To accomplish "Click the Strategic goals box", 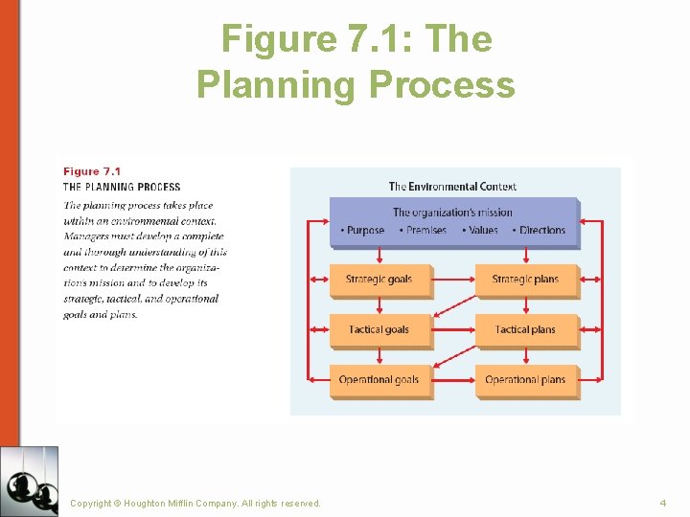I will (x=379, y=280).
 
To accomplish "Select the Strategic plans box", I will (x=525, y=280).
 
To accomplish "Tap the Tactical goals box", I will (x=379, y=329).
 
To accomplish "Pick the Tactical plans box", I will (x=525, y=329).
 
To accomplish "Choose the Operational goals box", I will (x=379, y=380).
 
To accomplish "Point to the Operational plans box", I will (x=525, y=380).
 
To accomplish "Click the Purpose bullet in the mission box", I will (x=363, y=231).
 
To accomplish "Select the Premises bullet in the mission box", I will (x=424, y=231).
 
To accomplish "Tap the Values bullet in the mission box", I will (x=481, y=231).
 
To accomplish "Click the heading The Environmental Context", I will (x=452, y=187).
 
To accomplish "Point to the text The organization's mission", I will (x=452, y=213).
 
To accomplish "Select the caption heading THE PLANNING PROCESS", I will (x=122, y=187).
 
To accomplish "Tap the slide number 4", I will (x=662, y=503).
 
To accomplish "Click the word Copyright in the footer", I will (x=91, y=503).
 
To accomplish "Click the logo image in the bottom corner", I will (x=30, y=481).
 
